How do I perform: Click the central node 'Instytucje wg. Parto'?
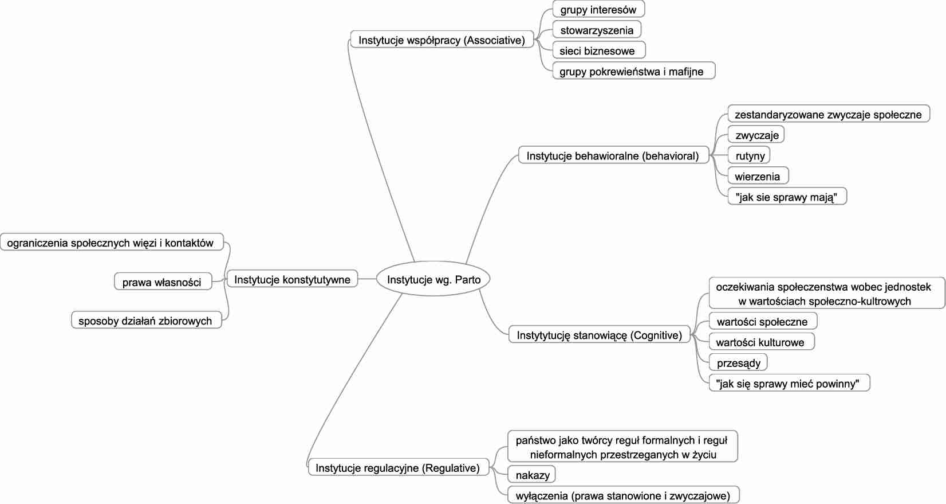433,279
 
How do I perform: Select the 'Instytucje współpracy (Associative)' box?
442,40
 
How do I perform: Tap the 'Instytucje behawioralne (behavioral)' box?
613,155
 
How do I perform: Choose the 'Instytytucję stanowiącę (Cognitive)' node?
600,335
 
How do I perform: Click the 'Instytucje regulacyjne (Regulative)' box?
397,468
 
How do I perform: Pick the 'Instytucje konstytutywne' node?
292,279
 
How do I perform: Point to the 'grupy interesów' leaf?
598,9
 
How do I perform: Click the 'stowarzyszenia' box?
597,30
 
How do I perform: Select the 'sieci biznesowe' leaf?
597,50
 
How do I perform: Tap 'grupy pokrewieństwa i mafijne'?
633,71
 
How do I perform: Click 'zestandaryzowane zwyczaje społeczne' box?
828,114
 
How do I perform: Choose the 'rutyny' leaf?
750,155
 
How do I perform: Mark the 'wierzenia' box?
758,176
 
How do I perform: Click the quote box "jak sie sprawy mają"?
786,197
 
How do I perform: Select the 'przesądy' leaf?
739,362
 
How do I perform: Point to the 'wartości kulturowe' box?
760,342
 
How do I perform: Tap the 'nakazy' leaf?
532,475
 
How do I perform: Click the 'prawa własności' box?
161,282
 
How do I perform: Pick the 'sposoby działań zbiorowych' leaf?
145,321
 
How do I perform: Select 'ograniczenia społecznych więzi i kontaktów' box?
111,243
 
